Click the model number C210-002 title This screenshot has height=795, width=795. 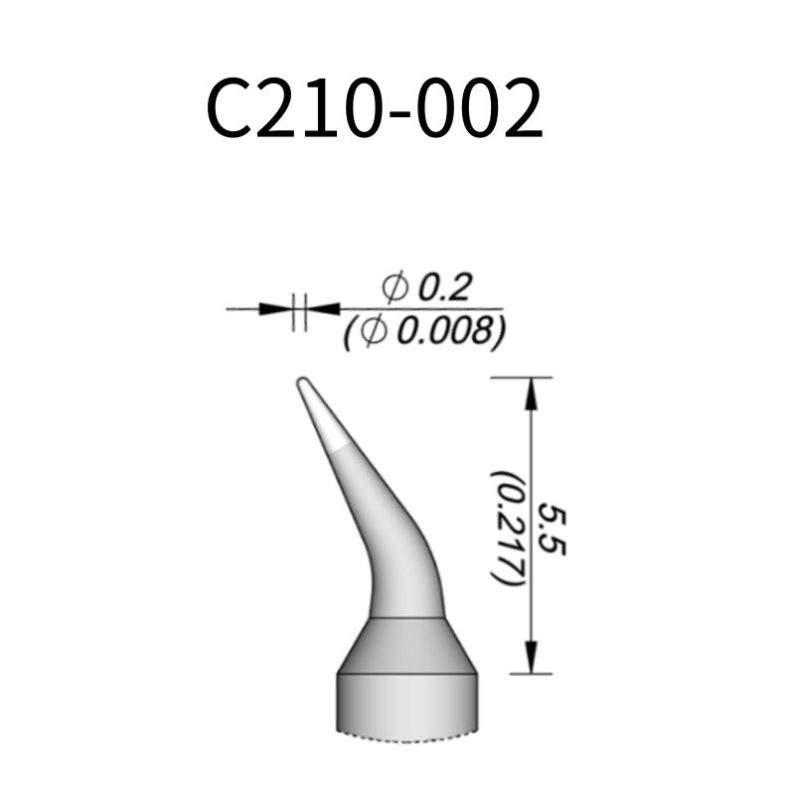click(x=375, y=108)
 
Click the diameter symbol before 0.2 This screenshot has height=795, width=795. click(x=395, y=289)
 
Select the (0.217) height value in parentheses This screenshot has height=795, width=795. click(x=506, y=527)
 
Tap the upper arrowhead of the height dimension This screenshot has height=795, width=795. click(x=531, y=394)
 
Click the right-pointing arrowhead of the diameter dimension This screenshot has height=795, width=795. click(x=274, y=309)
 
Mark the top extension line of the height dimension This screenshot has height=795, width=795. click(x=521, y=378)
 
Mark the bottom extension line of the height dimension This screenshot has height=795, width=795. click(x=521, y=674)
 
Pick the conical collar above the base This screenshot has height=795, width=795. click(x=407, y=646)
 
